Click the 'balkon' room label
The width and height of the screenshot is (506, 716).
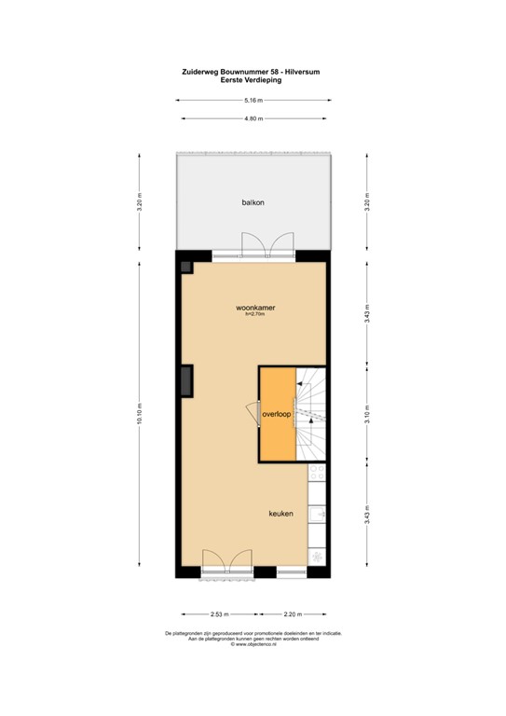252,201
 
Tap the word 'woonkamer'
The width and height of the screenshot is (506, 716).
254,307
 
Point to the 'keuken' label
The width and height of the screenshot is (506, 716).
281,514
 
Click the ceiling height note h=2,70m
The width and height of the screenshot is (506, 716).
254,315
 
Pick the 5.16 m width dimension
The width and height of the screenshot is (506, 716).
252,101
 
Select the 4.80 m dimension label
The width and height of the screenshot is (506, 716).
252,118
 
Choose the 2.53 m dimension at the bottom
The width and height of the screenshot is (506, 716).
220,613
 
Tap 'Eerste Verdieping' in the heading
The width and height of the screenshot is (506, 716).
252,80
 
